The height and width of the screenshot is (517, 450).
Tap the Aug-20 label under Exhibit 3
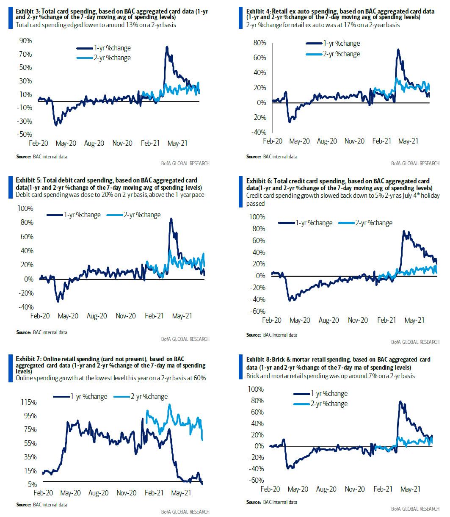(94, 143)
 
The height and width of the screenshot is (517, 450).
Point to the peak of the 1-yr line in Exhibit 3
(167, 47)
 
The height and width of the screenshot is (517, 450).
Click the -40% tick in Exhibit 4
(260, 132)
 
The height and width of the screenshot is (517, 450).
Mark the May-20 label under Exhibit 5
(68, 315)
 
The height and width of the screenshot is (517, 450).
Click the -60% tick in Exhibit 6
(258, 311)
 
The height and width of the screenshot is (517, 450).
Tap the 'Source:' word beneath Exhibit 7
(24, 505)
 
